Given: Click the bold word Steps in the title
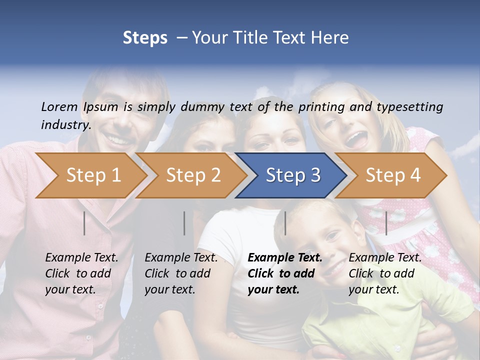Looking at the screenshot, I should [145, 38].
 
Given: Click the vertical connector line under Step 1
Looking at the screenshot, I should [84, 223].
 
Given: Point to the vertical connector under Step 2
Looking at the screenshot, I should [184, 223].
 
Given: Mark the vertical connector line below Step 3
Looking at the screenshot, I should [285, 223].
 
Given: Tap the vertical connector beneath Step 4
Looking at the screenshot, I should [386, 223].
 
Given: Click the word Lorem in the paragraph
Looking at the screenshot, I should [59, 106].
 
